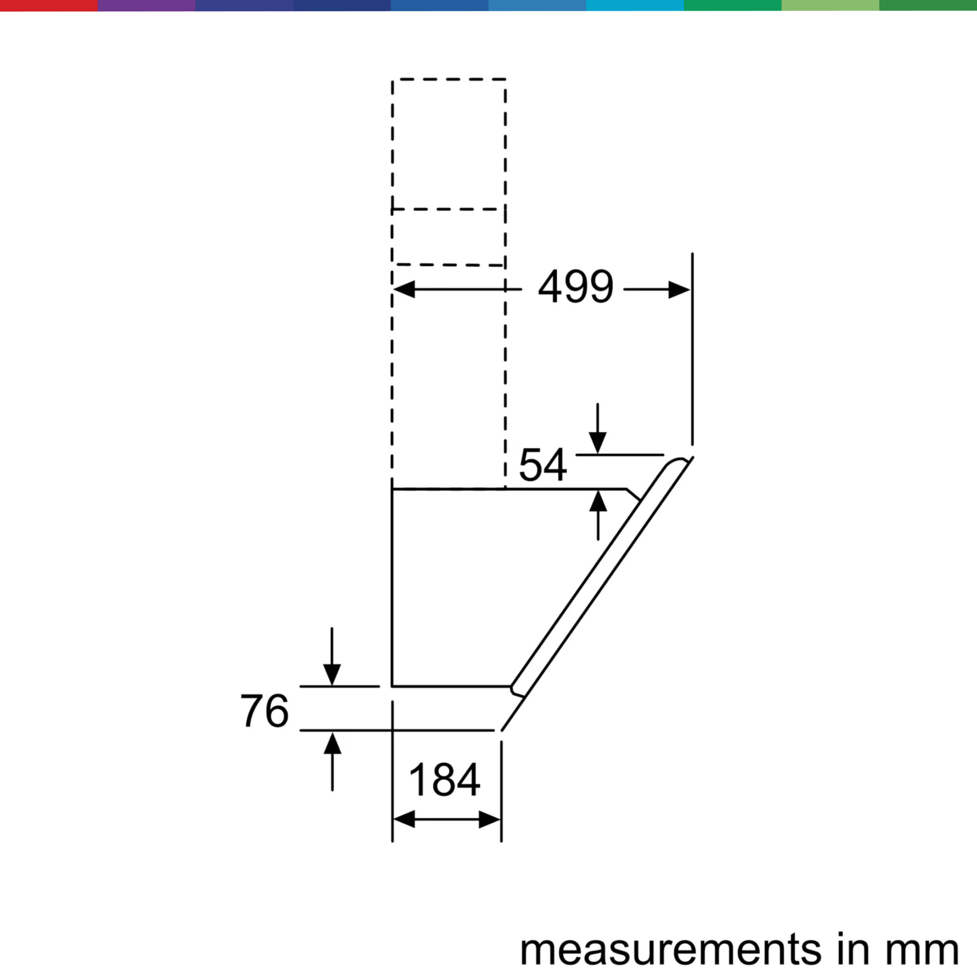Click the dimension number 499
pos(576,287)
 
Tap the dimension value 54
pos(543,464)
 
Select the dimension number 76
pos(264,710)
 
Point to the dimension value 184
pos(445,779)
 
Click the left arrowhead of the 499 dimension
pos(404,289)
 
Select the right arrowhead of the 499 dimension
pos(679,290)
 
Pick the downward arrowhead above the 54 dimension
pos(598,443)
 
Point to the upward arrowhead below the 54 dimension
pos(598,501)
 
